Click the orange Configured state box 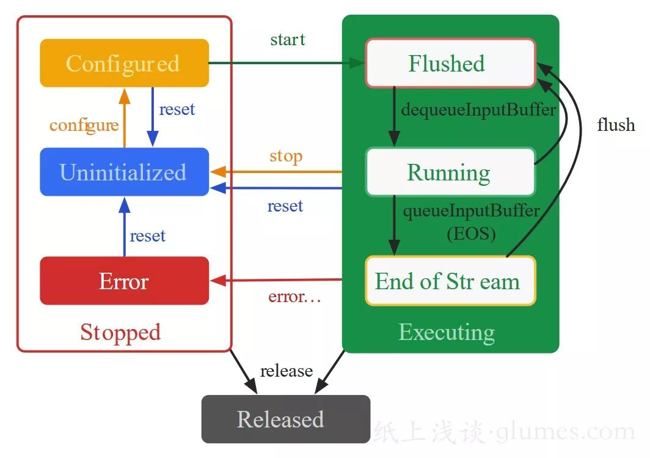124,64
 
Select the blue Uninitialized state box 124,172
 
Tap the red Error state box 124,281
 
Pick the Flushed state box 450,63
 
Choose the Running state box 450,172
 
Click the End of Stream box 450,281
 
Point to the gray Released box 285,419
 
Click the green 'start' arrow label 287,40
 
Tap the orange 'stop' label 286,156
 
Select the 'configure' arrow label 84,125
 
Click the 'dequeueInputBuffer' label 478,110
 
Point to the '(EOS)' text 470,234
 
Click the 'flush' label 616,125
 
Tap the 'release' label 286,371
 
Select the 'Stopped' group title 120,332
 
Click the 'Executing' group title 447,332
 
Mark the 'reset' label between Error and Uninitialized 148,235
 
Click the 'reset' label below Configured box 177,109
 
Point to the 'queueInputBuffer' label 471,212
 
